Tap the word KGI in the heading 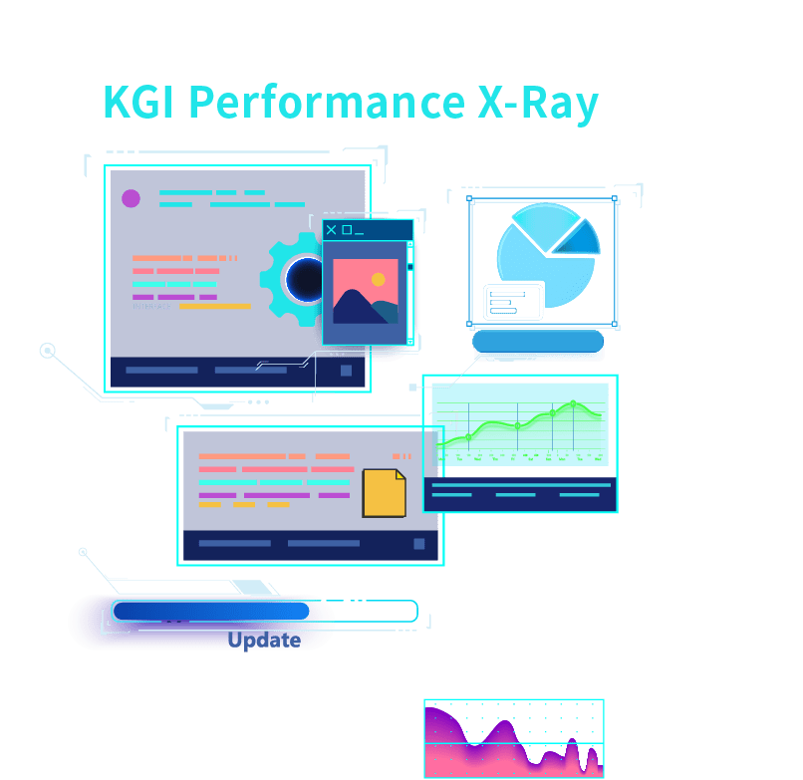(x=139, y=104)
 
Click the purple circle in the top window (x=131, y=198)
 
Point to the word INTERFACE (x=151, y=307)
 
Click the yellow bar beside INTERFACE (x=214, y=307)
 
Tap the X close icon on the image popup (x=332, y=230)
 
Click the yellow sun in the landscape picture (x=378, y=280)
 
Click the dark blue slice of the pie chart (x=581, y=239)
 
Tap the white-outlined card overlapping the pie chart (x=513, y=301)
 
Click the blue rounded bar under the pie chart (x=538, y=342)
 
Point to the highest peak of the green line (x=573, y=402)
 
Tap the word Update (x=264, y=640)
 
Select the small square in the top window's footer (x=346, y=371)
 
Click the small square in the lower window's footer (x=418, y=544)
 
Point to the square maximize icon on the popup (x=347, y=230)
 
